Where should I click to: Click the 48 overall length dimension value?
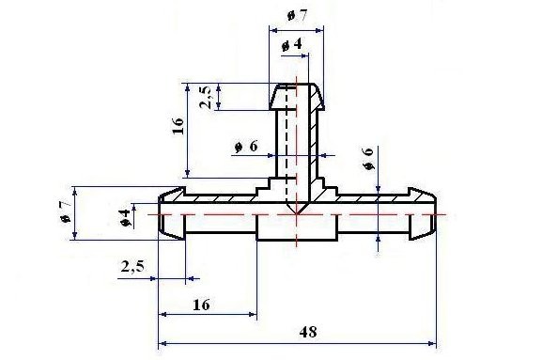click(x=308, y=332)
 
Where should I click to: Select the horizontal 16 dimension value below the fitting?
click(x=201, y=305)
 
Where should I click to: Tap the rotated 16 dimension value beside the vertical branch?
click(x=178, y=126)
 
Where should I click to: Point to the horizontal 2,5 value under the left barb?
click(x=132, y=266)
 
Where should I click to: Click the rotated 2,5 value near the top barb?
click(x=206, y=97)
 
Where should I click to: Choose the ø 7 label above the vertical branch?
click(x=297, y=15)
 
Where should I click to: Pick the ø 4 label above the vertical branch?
click(x=292, y=45)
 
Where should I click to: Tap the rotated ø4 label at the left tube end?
click(x=125, y=218)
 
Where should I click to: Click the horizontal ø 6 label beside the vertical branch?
click(x=246, y=147)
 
